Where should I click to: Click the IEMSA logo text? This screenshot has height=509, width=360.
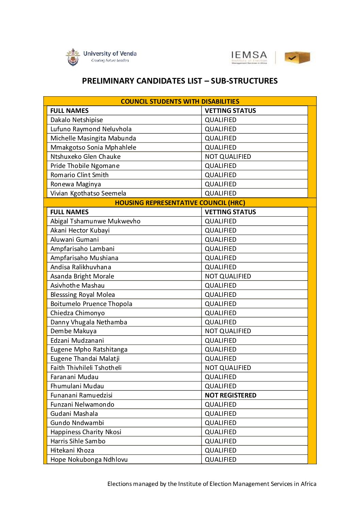click(x=249, y=56)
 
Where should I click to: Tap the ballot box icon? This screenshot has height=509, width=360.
click(x=297, y=57)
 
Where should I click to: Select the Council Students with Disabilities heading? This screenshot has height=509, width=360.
click(x=180, y=101)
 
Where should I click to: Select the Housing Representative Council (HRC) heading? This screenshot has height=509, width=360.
click(x=180, y=203)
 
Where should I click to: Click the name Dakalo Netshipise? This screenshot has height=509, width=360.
click(x=77, y=120)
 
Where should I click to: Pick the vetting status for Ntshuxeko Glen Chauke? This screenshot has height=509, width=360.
click(x=228, y=157)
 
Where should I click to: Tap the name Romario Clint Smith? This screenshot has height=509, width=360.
click(x=79, y=175)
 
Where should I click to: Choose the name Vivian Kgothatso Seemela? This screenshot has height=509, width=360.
click(x=88, y=193)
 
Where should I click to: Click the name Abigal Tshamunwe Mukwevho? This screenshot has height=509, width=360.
click(x=95, y=221)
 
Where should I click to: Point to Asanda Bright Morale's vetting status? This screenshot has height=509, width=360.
click(x=228, y=276)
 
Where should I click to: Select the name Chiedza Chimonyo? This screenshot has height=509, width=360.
click(x=78, y=313)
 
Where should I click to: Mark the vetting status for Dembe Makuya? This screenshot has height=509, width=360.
click(x=228, y=331)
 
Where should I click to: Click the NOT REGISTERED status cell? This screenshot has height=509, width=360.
click(x=230, y=395)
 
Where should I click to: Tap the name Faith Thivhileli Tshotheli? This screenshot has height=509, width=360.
click(x=86, y=368)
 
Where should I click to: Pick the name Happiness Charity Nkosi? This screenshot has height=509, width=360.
click(x=86, y=432)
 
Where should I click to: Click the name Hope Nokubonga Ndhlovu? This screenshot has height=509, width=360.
click(x=89, y=460)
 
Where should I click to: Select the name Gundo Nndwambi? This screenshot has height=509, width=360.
click(x=77, y=423)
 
